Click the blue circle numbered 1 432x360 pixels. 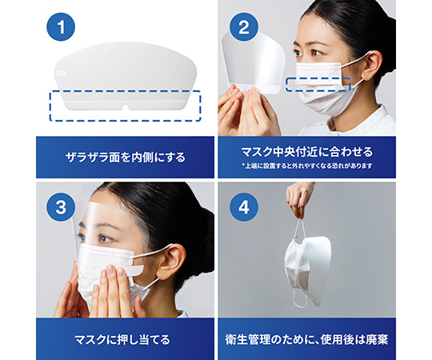[61, 26]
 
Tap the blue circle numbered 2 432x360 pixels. [243, 27]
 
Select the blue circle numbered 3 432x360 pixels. [61, 207]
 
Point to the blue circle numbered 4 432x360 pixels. [243, 207]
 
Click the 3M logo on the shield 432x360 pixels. [59, 73]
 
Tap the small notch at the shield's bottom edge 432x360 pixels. [126, 107]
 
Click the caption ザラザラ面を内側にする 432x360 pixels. [126, 158]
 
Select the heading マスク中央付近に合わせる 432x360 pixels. [307, 152]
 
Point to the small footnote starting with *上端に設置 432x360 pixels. [307, 166]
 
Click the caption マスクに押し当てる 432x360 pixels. [122, 340]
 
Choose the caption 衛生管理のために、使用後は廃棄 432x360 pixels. [307, 340]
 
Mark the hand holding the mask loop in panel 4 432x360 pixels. [299, 198]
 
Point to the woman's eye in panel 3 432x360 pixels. [104, 238]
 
